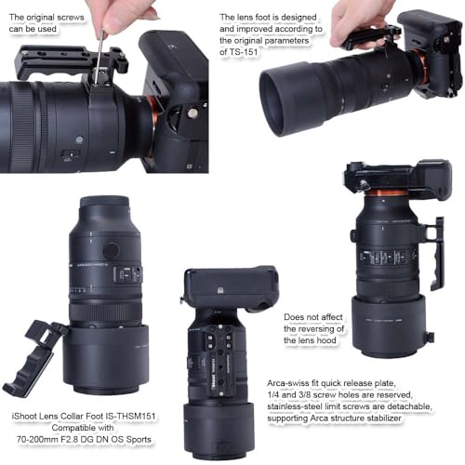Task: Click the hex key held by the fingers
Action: coord(99,58)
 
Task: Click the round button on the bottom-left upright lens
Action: coord(111,250)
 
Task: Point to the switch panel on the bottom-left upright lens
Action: coord(128,274)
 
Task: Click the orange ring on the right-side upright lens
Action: coord(387,193)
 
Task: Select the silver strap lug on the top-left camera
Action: coord(193,113)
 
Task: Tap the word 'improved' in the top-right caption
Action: coord(254,29)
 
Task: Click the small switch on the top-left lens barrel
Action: coord(70,153)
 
